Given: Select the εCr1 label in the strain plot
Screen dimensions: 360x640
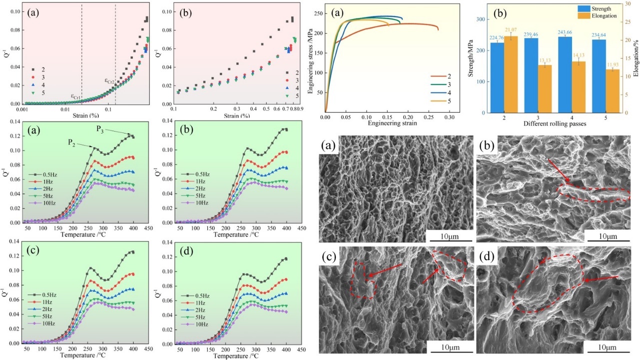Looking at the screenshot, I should pos(75,96).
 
